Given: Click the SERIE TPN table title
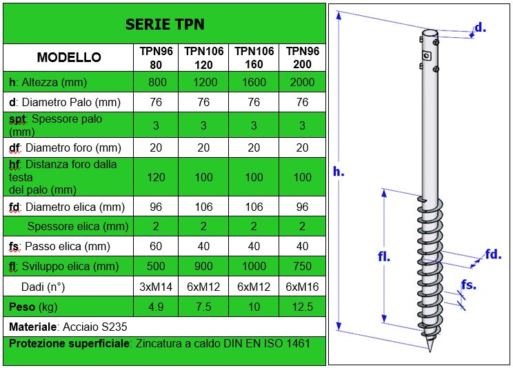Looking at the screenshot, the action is pos(165,24).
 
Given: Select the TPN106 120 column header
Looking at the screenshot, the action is pos(203,58).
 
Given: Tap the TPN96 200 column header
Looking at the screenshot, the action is pos(302,58).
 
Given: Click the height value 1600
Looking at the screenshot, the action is pos(254,82).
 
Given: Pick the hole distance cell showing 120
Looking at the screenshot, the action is pos(156,177).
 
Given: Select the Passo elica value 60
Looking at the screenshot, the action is pos(156,246).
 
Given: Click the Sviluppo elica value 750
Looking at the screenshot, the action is pos(302,266).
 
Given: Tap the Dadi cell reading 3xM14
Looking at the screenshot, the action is pos(156,287).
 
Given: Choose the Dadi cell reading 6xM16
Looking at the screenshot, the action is pos(302,287).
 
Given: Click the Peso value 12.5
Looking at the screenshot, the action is pos(302,307).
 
